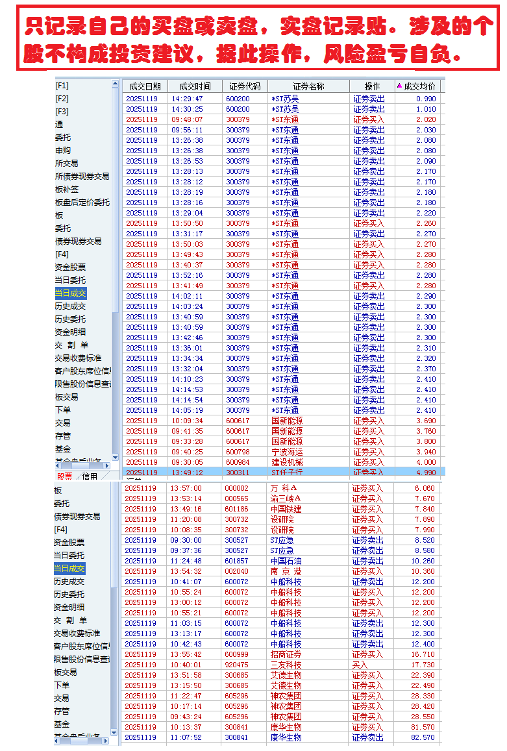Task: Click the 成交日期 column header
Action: [x=144, y=86]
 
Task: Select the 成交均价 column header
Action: [x=419, y=86]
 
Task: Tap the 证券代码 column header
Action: [x=245, y=86]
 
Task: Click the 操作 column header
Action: [x=372, y=86]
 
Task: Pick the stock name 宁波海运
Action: [x=286, y=452]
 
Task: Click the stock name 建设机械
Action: [x=286, y=462]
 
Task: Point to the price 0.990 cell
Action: [x=425, y=99]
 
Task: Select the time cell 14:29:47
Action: [x=187, y=99]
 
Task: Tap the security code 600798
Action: [x=238, y=452]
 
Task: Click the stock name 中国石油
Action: [x=286, y=561]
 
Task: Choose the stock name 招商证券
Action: [x=286, y=654]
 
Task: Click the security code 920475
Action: [x=236, y=665]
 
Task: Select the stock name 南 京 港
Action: [x=284, y=571]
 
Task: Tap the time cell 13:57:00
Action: [x=186, y=488]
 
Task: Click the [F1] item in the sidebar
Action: [x=62, y=86]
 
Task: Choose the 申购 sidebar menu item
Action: [x=63, y=151]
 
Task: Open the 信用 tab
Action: [x=90, y=476]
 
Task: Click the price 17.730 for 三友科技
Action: [x=423, y=665]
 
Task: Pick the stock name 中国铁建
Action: [x=286, y=509]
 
